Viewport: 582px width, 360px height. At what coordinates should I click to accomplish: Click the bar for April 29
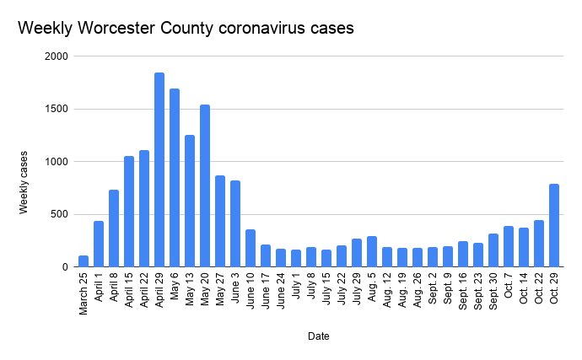point(159,169)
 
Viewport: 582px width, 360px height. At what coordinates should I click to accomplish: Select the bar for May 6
point(175,177)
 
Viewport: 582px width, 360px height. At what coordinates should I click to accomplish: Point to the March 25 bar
point(84,261)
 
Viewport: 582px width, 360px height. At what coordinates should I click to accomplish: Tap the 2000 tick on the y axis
point(57,56)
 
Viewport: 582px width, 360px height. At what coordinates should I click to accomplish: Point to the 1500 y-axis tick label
point(57,109)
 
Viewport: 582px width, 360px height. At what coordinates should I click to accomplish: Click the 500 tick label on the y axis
point(59,214)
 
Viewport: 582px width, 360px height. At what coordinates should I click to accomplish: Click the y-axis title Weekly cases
point(25,182)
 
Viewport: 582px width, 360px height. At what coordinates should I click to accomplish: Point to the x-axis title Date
point(318,336)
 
